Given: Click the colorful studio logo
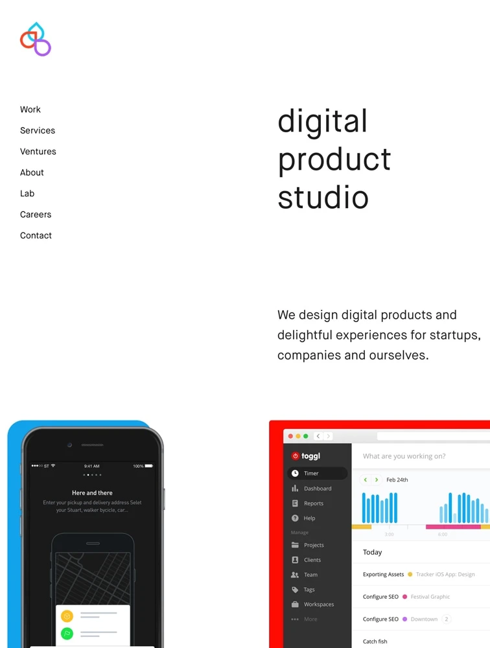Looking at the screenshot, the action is pos(36,40).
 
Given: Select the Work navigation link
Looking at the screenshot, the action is pos(30,110).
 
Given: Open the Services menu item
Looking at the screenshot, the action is pos(38,131).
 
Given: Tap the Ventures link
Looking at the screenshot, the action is pos(38,152).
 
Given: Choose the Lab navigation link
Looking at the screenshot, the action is pos(27,193).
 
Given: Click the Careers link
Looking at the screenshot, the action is pos(36,214).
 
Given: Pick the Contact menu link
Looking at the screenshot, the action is pos(36,236).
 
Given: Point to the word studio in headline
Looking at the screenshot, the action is pos(323,197).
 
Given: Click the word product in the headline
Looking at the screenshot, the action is pos(334,160).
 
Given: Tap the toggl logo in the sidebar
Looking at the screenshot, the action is pos(306,456).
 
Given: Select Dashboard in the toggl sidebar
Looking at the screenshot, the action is pos(318,489).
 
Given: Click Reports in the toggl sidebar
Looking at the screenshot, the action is pos(314,503).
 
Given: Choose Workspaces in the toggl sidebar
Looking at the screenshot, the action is pos(319,604).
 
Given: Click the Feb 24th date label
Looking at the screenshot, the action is pos(397,480).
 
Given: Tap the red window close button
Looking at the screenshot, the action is pos(290,436).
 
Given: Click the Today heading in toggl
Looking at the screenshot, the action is pos(372,552).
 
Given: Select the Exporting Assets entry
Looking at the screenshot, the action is pos(383,574).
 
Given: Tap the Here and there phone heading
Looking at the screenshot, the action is pos(92,492).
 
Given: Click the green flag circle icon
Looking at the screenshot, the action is pos(67,633).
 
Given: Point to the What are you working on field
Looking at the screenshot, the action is pos(404,456).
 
